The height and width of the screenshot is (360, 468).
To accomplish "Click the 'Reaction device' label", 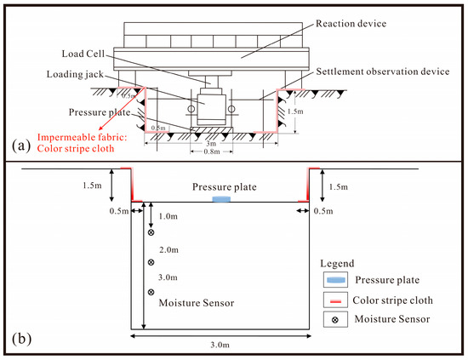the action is coord(351,24).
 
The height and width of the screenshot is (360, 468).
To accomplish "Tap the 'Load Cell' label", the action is coord(83,54).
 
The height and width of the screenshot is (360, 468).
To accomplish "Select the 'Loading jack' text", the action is coord(75,74).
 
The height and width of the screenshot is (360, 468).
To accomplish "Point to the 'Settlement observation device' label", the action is coord(383,71).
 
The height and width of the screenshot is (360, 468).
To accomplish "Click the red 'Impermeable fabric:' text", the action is coord(82,137).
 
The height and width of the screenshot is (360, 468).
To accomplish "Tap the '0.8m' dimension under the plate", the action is coord(212,151).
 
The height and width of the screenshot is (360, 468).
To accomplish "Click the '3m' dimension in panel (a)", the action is coord(211,144).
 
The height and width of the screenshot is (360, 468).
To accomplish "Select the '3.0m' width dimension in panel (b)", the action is coord(220,345).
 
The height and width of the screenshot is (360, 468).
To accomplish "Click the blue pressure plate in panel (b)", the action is coord(221,199).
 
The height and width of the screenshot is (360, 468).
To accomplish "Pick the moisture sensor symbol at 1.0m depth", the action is coord(151,232).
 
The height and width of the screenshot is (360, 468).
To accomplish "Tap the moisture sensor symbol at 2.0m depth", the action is coord(151,262).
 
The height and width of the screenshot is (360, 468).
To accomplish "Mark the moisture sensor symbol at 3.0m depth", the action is coord(151,292).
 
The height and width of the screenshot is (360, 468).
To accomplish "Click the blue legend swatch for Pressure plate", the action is coord(336,280).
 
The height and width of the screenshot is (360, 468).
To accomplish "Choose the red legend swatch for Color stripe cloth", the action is coord(335,301).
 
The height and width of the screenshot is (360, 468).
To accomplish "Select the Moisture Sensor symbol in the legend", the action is coord(335,320).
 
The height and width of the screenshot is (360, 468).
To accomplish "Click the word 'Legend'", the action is coord(337,264).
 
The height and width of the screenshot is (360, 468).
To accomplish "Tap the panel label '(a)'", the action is coord(21,146).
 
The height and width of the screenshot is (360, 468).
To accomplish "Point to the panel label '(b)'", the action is coord(21,339).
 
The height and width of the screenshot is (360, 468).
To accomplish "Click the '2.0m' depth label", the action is coord(168,250).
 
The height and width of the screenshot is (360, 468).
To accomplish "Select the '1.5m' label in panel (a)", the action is coord(295,111).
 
